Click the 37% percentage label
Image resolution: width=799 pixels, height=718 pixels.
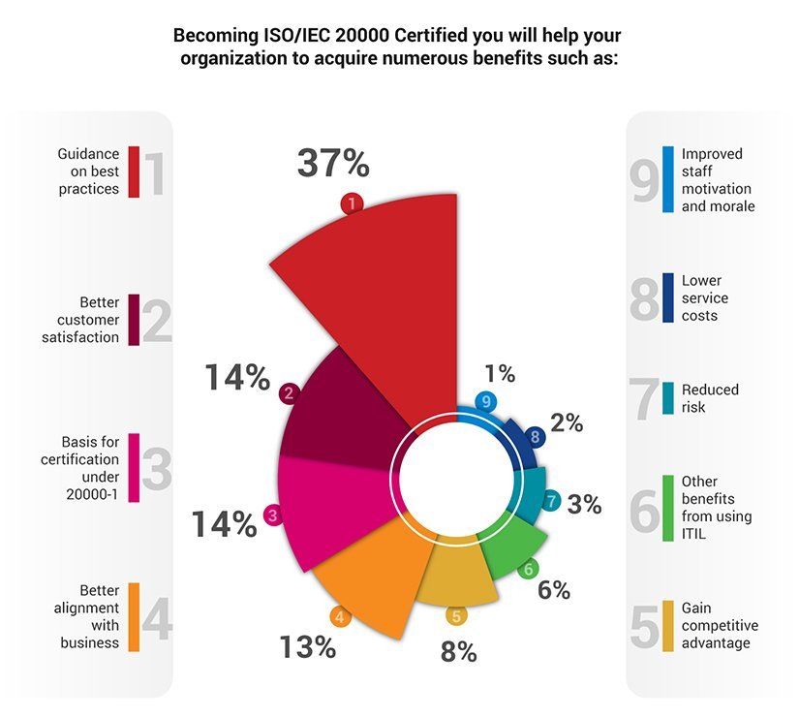[332, 164]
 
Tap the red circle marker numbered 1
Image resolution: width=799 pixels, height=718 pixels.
[352, 203]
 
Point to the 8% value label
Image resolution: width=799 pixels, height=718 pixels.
[458, 652]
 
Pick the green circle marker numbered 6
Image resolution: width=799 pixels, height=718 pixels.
[528, 570]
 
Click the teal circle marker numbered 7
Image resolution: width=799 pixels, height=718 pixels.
[551, 501]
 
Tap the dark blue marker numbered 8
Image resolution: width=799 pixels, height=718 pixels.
[534, 438]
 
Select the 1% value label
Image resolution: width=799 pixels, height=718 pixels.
[500, 373]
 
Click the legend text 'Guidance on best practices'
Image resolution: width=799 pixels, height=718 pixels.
[88, 172]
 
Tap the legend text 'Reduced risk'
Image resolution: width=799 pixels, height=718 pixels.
[709, 398]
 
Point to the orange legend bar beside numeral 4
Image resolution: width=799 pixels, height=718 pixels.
[134, 616]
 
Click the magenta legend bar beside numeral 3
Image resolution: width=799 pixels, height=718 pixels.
[134, 468]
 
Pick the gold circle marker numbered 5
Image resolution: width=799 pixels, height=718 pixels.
[455, 614]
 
